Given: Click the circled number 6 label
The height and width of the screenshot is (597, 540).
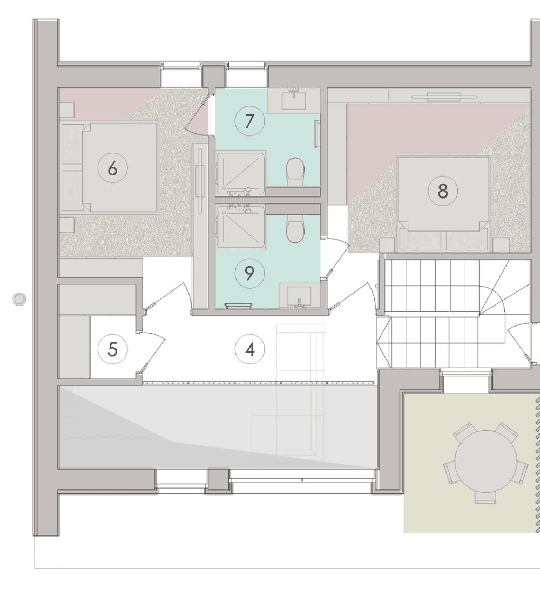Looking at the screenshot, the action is [x=112, y=168].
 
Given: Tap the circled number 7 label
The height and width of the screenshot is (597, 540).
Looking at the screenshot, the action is [x=249, y=121].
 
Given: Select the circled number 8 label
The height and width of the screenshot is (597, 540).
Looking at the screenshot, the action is [x=443, y=191].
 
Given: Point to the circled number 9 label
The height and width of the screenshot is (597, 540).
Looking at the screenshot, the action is [x=249, y=273].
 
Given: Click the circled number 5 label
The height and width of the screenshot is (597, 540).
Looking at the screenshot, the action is [x=112, y=349].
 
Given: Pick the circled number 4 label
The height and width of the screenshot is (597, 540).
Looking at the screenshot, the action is [x=250, y=349].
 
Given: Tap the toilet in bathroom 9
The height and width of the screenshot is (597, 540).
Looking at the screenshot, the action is [x=295, y=228].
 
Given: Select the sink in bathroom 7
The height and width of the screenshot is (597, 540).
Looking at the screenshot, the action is [x=293, y=100].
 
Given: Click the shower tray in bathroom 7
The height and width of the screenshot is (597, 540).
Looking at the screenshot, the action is [x=240, y=174].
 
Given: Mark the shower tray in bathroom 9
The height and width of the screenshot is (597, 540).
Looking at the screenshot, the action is [x=240, y=227].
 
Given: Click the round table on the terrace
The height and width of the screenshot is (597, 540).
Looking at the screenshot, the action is [x=486, y=462].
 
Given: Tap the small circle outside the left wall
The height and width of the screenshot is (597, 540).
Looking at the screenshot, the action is [x=19, y=299].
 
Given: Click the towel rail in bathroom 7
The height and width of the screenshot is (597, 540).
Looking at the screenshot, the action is [x=317, y=133].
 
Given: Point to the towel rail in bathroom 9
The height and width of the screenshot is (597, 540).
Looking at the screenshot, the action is [x=238, y=306].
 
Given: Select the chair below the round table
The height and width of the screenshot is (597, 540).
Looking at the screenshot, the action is [x=485, y=497].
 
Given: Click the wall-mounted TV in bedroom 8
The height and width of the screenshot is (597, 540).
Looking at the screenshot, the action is [x=444, y=97].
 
